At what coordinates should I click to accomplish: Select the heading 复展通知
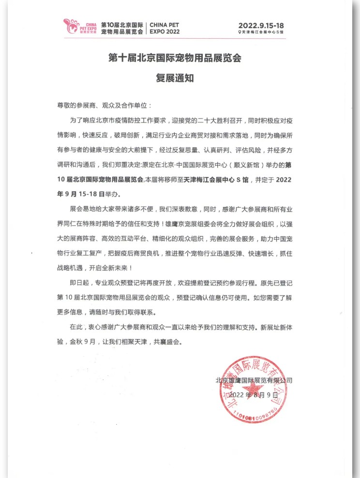[174, 78]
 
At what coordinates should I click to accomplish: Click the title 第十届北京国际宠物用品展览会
[174, 59]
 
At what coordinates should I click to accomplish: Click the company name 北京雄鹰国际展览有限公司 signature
[254, 381]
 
